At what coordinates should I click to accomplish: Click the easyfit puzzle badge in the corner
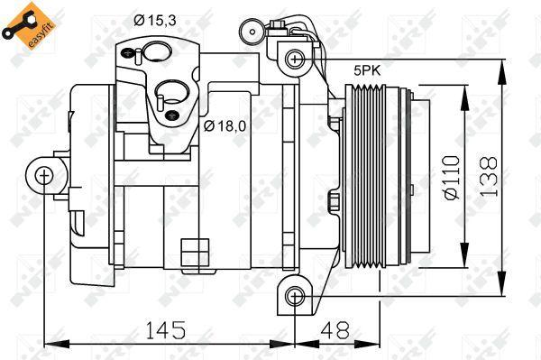pyautogui.click(x=23, y=24)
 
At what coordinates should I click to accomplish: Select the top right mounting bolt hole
pyautogui.click(x=294, y=60)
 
